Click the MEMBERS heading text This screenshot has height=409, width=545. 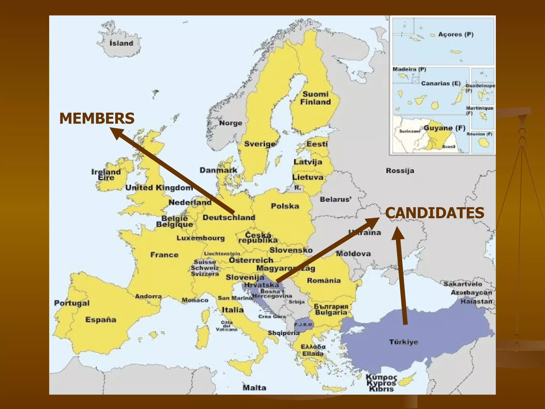(x=97, y=118)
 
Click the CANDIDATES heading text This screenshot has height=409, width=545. (x=435, y=213)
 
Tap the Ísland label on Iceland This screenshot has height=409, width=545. (x=121, y=43)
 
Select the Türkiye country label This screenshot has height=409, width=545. (x=403, y=342)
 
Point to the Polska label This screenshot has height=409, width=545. (x=285, y=206)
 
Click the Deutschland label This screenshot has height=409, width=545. (x=229, y=218)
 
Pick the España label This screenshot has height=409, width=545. (x=101, y=320)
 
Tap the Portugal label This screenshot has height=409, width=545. (x=72, y=303)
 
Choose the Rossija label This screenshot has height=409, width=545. (x=400, y=171)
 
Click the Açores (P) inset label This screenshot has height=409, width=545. (x=456, y=35)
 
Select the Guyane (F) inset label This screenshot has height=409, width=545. (x=444, y=128)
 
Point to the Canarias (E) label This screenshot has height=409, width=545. (x=441, y=83)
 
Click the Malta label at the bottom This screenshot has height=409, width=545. (x=254, y=388)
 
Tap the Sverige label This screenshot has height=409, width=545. (x=260, y=144)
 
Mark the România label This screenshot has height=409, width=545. (x=324, y=280)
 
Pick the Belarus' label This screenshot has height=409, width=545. (x=336, y=199)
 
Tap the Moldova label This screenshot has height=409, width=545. (x=353, y=253)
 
